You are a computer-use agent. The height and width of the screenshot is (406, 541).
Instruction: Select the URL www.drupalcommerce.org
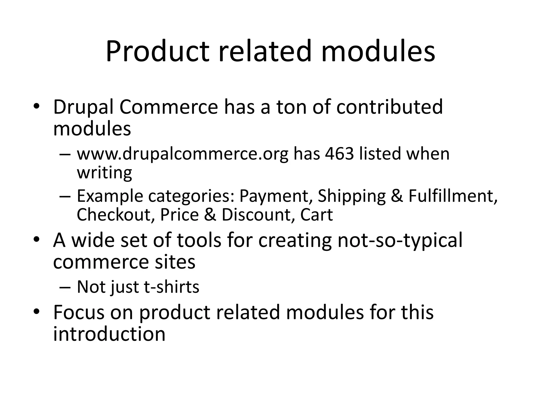[182, 154]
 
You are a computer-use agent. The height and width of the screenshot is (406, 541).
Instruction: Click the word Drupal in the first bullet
[83, 107]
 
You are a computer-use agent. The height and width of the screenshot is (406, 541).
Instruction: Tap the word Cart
[316, 214]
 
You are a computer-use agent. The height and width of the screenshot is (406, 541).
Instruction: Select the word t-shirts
[171, 287]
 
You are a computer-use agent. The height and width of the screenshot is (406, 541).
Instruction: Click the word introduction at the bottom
[109, 334]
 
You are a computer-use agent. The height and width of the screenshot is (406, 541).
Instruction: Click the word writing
[104, 173]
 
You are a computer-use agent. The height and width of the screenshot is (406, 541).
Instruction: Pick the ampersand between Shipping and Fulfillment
[397, 196]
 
